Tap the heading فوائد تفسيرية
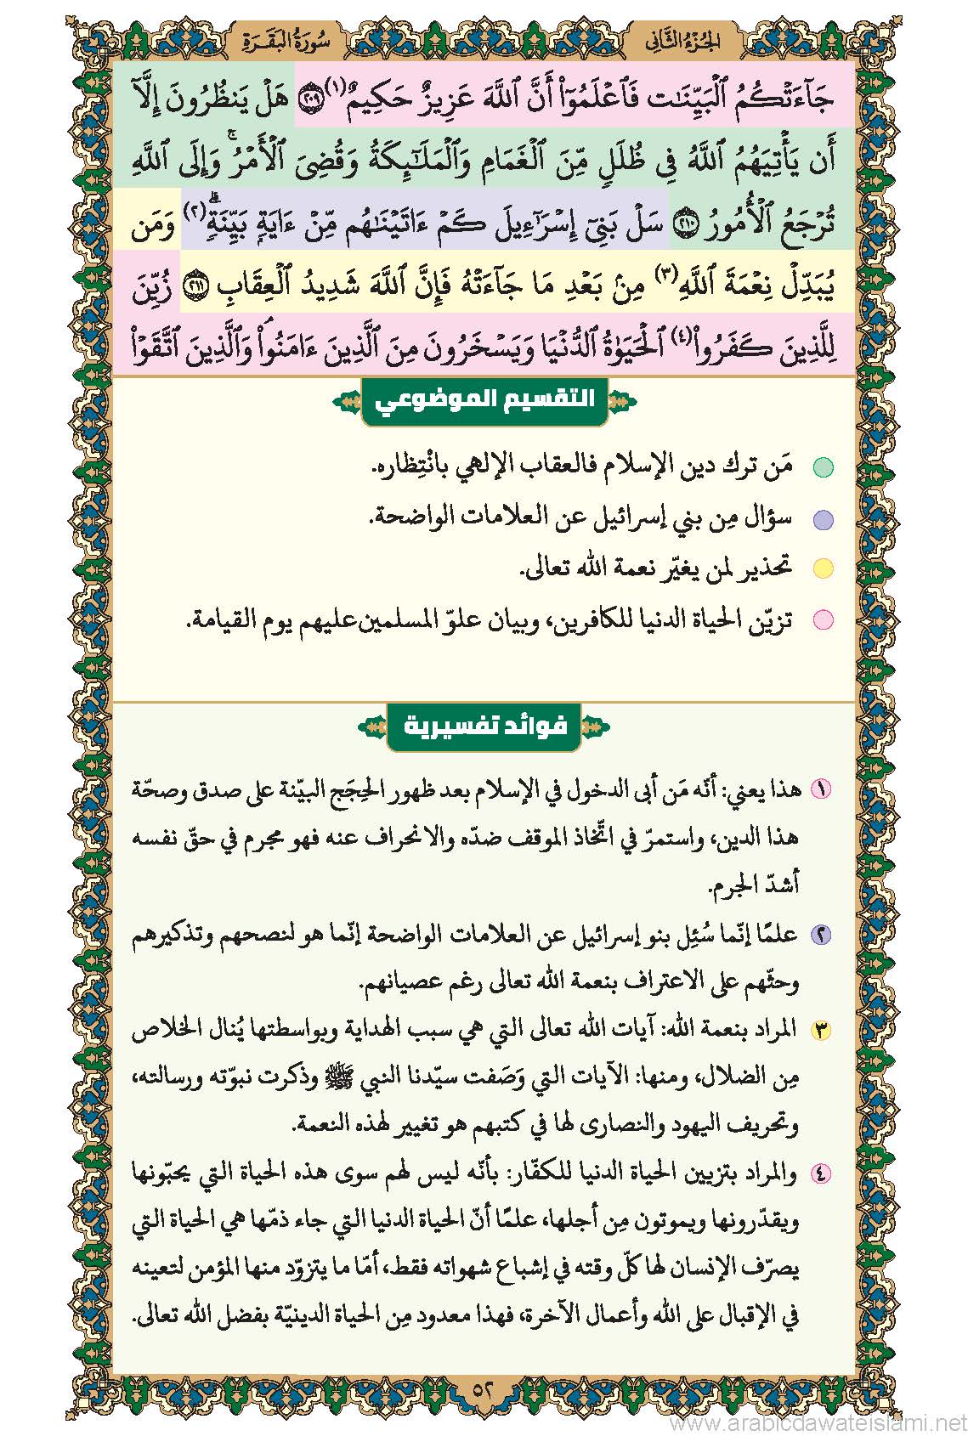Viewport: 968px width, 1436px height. (x=484, y=727)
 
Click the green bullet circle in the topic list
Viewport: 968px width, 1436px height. (x=823, y=468)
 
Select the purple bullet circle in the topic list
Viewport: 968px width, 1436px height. (x=823, y=520)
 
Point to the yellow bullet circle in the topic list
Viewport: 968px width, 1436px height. (x=823, y=569)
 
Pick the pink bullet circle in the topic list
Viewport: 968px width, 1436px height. (x=823, y=620)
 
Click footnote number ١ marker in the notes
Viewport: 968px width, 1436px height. (x=822, y=789)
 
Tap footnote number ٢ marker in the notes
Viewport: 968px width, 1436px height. (x=822, y=935)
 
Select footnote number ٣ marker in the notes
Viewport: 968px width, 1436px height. (x=822, y=1031)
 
